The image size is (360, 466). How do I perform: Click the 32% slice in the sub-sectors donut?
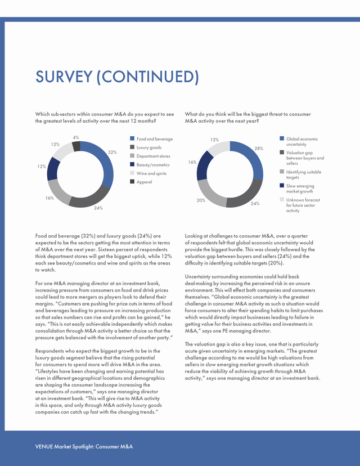(x=104, y=160)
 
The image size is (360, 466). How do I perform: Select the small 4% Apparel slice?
(x=76, y=146)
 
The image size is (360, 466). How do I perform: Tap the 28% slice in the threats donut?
(x=253, y=158)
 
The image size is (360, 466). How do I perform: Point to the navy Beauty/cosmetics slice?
(x=53, y=169)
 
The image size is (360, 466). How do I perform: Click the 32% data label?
(x=112, y=152)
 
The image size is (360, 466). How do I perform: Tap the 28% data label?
(x=259, y=149)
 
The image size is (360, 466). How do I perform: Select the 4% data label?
(x=76, y=137)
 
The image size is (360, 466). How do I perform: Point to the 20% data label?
(x=201, y=200)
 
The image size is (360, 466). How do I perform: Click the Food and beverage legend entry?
(x=151, y=139)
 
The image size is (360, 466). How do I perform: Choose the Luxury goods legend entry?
(x=146, y=147)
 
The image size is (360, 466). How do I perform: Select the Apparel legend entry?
(x=141, y=182)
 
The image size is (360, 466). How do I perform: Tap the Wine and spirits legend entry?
(x=148, y=173)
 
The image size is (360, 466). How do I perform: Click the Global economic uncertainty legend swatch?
(x=282, y=138)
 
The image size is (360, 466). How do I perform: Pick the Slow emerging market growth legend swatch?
(x=282, y=186)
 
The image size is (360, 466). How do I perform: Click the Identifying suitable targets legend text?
(x=304, y=174)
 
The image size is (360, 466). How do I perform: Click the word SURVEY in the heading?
(x=64, y=77)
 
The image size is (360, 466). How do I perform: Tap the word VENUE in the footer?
(x=44, y=447)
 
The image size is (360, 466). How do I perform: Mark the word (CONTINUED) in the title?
(x=147, y=77)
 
